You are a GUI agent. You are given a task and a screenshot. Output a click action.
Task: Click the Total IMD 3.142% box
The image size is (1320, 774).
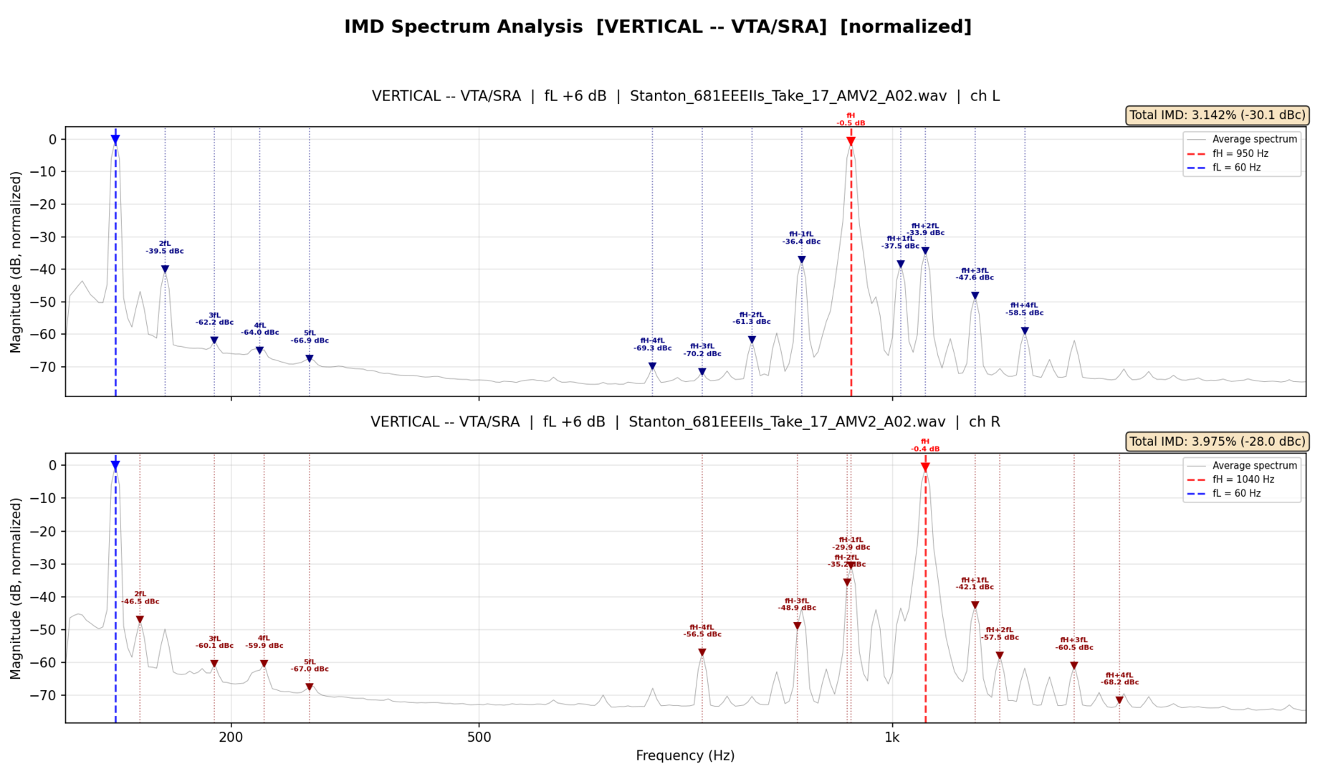pyautogui.click(x=1217, y=115)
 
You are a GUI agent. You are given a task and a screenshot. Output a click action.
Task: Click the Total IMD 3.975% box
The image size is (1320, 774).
pyautogui.click(x=1217, y=441)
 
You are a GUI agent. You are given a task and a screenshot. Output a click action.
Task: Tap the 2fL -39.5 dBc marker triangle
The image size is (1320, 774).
pyautogui.click(x=165, y=269)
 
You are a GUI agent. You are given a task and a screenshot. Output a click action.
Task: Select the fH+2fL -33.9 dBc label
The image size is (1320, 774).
pyautogui.click(x=925, y=229)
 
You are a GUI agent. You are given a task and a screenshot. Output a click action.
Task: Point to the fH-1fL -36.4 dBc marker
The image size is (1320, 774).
pyautogui.click(x=801, y=260)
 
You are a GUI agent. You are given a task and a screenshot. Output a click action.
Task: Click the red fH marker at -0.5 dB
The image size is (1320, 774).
pyautogui.click(x=851, y=142)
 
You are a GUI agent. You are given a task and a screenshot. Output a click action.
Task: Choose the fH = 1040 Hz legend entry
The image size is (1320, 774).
pyautogui.click(x=1243, y=479)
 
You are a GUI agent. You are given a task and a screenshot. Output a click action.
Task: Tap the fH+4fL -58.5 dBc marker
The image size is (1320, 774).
pyautogui.click(x=1025, y=331)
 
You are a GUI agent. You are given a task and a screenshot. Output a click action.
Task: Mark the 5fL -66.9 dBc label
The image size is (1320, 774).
pyautogui.click(x=310, y=337)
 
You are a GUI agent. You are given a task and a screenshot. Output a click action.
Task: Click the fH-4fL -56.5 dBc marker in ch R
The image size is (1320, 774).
pyautogui.click(x=702, y=652)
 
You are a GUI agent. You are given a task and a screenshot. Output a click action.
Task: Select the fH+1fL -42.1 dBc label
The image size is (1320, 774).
pyautogui.click(x=975, y=583)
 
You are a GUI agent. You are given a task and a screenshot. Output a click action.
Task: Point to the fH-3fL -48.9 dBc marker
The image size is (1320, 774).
pyautogui.click(x=797, y=626)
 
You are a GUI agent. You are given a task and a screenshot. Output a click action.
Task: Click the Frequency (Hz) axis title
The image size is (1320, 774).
pyautogui.click(x=685, y=755)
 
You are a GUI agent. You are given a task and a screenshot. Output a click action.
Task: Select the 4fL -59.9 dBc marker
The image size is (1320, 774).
pyautogui.click(x=264, y=664)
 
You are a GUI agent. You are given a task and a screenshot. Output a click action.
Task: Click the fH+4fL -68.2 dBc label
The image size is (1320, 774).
pyautogui.click(x=1119, y=679)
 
